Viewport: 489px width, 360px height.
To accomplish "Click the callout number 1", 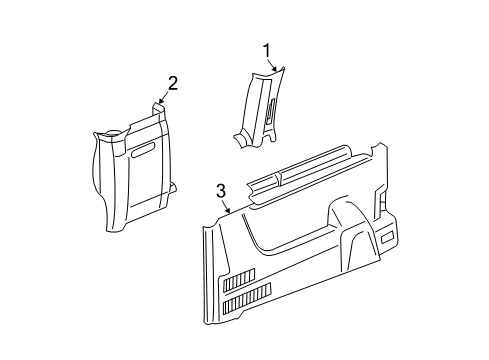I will pyautogui.click(x=267, y=49).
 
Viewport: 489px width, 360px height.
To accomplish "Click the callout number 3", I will pyautogui.click(x=221, y=190).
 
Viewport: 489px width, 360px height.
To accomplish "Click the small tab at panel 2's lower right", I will pyautogui.click(x=174, y=186).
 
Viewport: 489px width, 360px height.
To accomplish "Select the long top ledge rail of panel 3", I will pyautogui.click(x=310, y=175).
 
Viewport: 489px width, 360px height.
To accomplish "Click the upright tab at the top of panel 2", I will pyautogui.click(x=158, y=109).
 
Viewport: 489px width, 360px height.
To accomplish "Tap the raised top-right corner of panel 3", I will pyautogui.click(x=380, y=152).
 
